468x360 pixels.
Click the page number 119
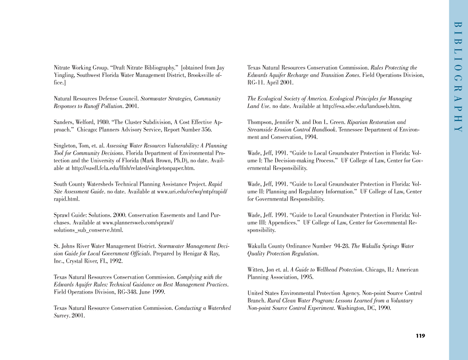tap(420, 336)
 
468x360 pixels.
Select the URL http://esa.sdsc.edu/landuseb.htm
tap(362, 106)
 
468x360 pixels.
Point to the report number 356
tap(206, 130)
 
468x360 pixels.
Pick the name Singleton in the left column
tap(65, 145)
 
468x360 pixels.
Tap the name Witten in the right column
tap(256, 269)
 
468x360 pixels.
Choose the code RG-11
tap(255, 83)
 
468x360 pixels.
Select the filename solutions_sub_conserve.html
tap(88, 230)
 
